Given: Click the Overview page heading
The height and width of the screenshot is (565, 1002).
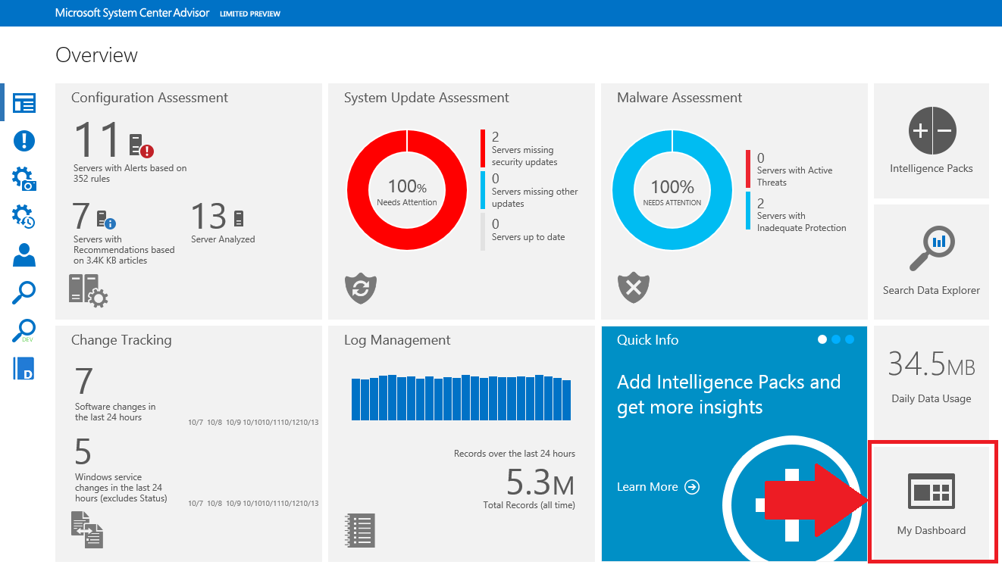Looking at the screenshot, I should click(97, 55).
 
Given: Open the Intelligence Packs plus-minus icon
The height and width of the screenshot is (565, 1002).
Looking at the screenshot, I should click(932, 131).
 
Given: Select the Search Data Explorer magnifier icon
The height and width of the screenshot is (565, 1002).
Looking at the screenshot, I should click(932, 247).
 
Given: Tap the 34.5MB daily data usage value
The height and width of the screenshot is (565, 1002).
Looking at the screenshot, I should click(932, 365).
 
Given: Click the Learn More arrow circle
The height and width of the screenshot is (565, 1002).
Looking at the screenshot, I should click(692, 487).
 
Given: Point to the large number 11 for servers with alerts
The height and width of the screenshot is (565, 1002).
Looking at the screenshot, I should click(97, 141).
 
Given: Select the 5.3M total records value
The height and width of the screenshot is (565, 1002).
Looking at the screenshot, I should click(540, 482).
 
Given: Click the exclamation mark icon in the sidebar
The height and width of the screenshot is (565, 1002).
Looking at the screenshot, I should click(24, 141).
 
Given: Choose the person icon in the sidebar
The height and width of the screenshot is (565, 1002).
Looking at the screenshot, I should click(24, 254).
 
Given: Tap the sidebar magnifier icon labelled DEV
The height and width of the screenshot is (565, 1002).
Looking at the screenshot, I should click(24, 331).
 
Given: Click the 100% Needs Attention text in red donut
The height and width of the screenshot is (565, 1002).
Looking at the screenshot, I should click(407, 192).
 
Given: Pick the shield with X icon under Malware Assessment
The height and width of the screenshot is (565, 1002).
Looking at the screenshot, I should click(634, 288).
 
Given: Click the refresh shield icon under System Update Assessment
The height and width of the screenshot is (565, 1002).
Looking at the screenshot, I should click(361, 288).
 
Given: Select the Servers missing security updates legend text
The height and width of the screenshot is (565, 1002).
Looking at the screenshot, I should click(524, 156).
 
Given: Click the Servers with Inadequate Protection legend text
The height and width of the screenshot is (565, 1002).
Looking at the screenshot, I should click(801, 222).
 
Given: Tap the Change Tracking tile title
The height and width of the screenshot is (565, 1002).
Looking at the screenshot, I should click(121, 340).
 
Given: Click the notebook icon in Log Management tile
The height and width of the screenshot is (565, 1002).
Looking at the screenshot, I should click(360, 529).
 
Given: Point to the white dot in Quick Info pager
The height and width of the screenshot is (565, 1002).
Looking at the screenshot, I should click(822, 339).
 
